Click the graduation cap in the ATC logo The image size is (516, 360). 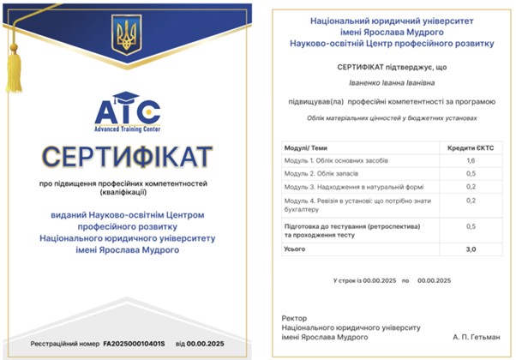(x=127, y=98)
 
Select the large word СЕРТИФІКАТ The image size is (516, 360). (x=128, y=157)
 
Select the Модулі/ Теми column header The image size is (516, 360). (x=306, y=147)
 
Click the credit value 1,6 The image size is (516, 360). (x=471, y=160)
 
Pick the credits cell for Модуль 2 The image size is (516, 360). (x=471, y=173)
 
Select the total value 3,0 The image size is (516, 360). (x=471, y=249)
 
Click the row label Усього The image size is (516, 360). (x=295, y=249)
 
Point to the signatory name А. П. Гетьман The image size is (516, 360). (x=476, y=336)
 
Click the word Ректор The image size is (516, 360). (x=293, y=317)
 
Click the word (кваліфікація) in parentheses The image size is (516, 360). (x=128, y=193)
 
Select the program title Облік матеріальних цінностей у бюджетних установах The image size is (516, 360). (x=392, y=119)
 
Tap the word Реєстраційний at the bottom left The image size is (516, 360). (x=57, y=344)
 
